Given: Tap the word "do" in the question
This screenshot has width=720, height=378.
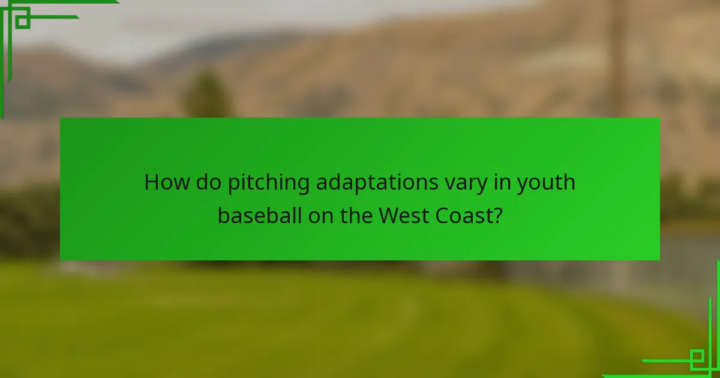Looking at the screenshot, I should (x=208, y=182).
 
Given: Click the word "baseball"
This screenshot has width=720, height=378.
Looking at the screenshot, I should (x=260, y=215).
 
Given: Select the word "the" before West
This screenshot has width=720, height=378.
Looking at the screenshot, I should (x=357, y=215).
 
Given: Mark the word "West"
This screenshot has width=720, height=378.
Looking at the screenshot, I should (x=404, y=215).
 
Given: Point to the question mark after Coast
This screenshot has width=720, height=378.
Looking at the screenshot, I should (x=497, y=215).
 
